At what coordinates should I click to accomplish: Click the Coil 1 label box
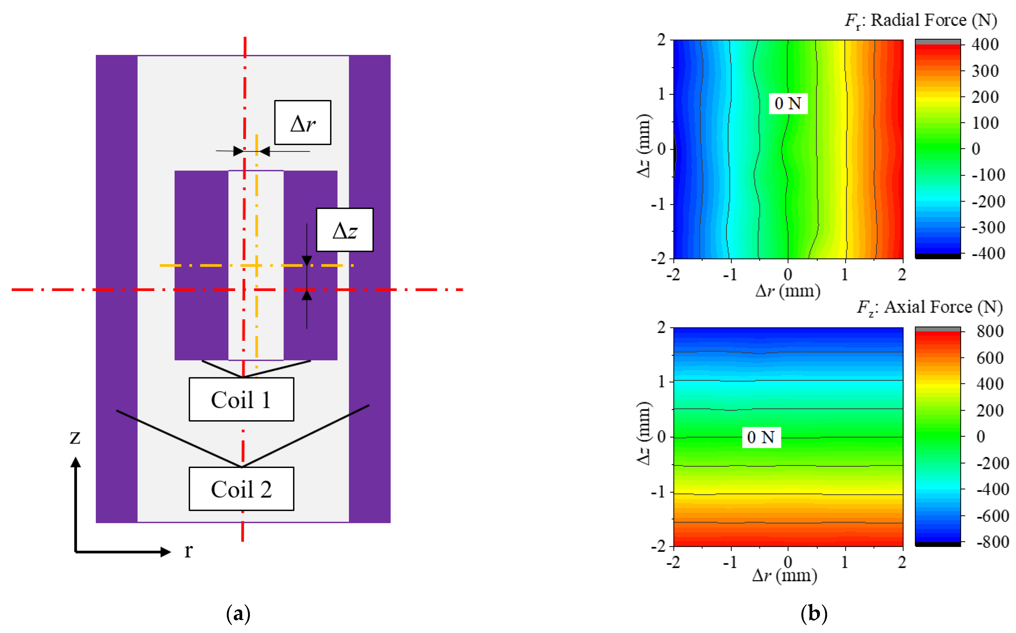241,399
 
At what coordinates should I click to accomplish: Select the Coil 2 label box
241,489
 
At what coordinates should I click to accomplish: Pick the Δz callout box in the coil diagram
345,230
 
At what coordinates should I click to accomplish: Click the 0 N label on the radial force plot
788,103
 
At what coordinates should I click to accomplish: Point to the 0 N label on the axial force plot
761,437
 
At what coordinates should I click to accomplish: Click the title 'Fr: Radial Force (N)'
921,20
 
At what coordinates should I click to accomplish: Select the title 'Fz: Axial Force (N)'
929,307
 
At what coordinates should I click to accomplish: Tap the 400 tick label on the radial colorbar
985,44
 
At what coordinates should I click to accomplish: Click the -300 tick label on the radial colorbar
988,228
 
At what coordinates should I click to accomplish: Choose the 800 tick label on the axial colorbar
990,332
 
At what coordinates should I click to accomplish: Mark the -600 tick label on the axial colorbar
992,516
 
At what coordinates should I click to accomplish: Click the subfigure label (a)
238,614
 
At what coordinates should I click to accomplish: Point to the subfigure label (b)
814,614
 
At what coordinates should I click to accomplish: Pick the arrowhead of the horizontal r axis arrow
166,552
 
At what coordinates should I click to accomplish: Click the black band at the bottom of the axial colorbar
938,544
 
